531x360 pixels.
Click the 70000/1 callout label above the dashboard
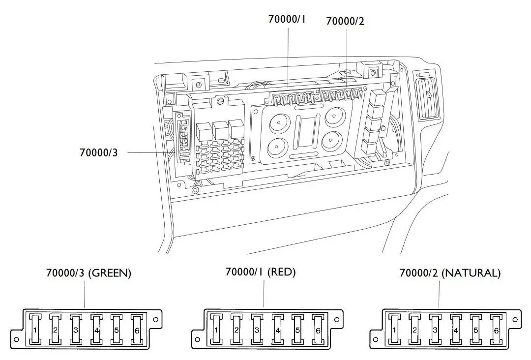(x=287, y=19)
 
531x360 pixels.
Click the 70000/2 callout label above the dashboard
(x=345, y=21)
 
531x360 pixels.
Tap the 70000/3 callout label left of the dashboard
(x=98, y=152)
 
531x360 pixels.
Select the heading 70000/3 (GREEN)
(x=88, y=273)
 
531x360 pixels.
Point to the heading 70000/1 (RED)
(x=260, y=272)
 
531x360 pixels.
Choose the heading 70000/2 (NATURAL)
(x=450, y=273)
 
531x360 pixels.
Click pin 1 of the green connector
(x=34, y=329)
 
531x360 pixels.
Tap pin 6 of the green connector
(x=137, y=329)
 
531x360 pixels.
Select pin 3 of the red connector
(x=257, y=329)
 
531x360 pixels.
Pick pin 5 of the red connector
(x=297, y=329)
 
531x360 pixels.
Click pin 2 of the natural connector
(x=414, y=329)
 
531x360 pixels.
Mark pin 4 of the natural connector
(x=456, y=329)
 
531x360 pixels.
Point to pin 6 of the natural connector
(x=497, y=329)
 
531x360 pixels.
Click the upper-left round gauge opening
(x=279, y=122)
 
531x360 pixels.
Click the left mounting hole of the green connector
(x=16, y=340)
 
